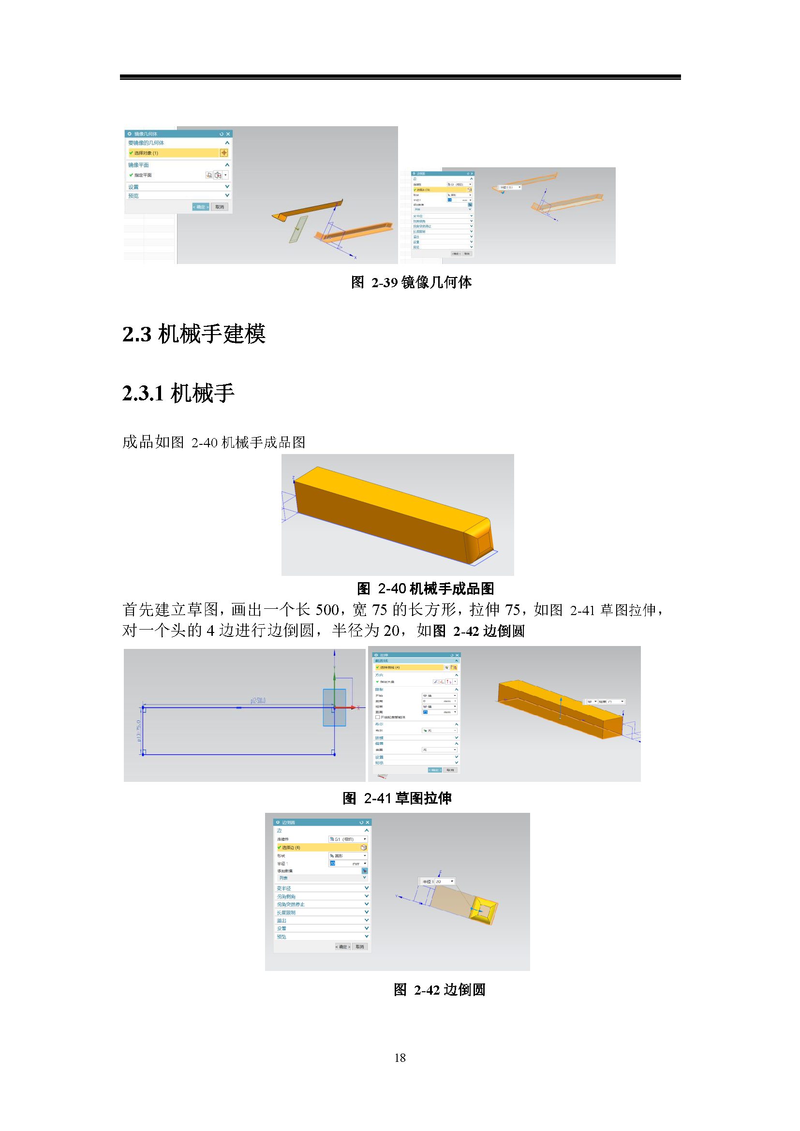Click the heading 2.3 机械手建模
coord(193,334)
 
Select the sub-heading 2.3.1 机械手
coord(178,393)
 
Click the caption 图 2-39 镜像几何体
coord(411,282)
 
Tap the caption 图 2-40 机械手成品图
coord(425,588)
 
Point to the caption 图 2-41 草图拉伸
coord(397,798)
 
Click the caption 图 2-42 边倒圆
coord(439,990)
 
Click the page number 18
coord(400,1058)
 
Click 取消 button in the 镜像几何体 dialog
coord(219,207)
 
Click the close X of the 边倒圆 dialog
coord(368,822)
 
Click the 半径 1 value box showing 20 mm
coord(345,864)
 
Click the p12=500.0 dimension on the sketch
coord(258,701)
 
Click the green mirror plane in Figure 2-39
coord(298,230)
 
